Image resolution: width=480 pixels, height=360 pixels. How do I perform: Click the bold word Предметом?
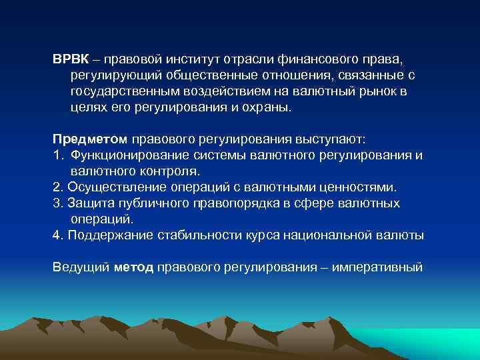pyautogui.click(x=90, y=139)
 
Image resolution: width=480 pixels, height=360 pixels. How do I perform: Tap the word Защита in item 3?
pyautogui.click(x=91, y=203)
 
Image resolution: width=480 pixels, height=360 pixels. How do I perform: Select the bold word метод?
pyautogui.click(x=133, y=267)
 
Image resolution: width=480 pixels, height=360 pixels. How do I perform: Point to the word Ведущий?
pyautogui.click(x=81, y=267)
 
